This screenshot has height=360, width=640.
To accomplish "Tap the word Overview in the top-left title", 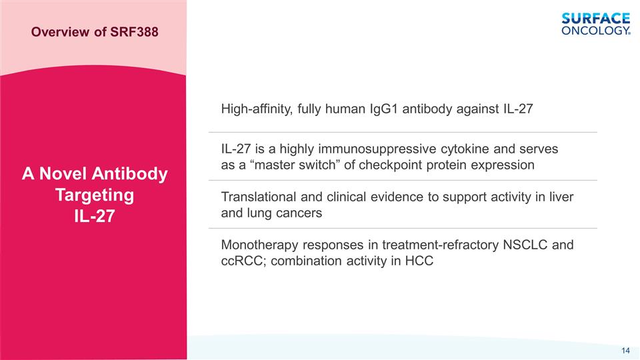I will [x=59, y=31].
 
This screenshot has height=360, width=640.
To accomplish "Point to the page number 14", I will [x=625, y=351].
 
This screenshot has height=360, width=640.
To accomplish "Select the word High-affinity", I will [x=256, y=109].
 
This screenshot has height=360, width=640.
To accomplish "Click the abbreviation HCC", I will [x=419, y=261].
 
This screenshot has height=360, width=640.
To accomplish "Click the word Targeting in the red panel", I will [x=93, y=195].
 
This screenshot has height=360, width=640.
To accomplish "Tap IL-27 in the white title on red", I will [x=93, y=217].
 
